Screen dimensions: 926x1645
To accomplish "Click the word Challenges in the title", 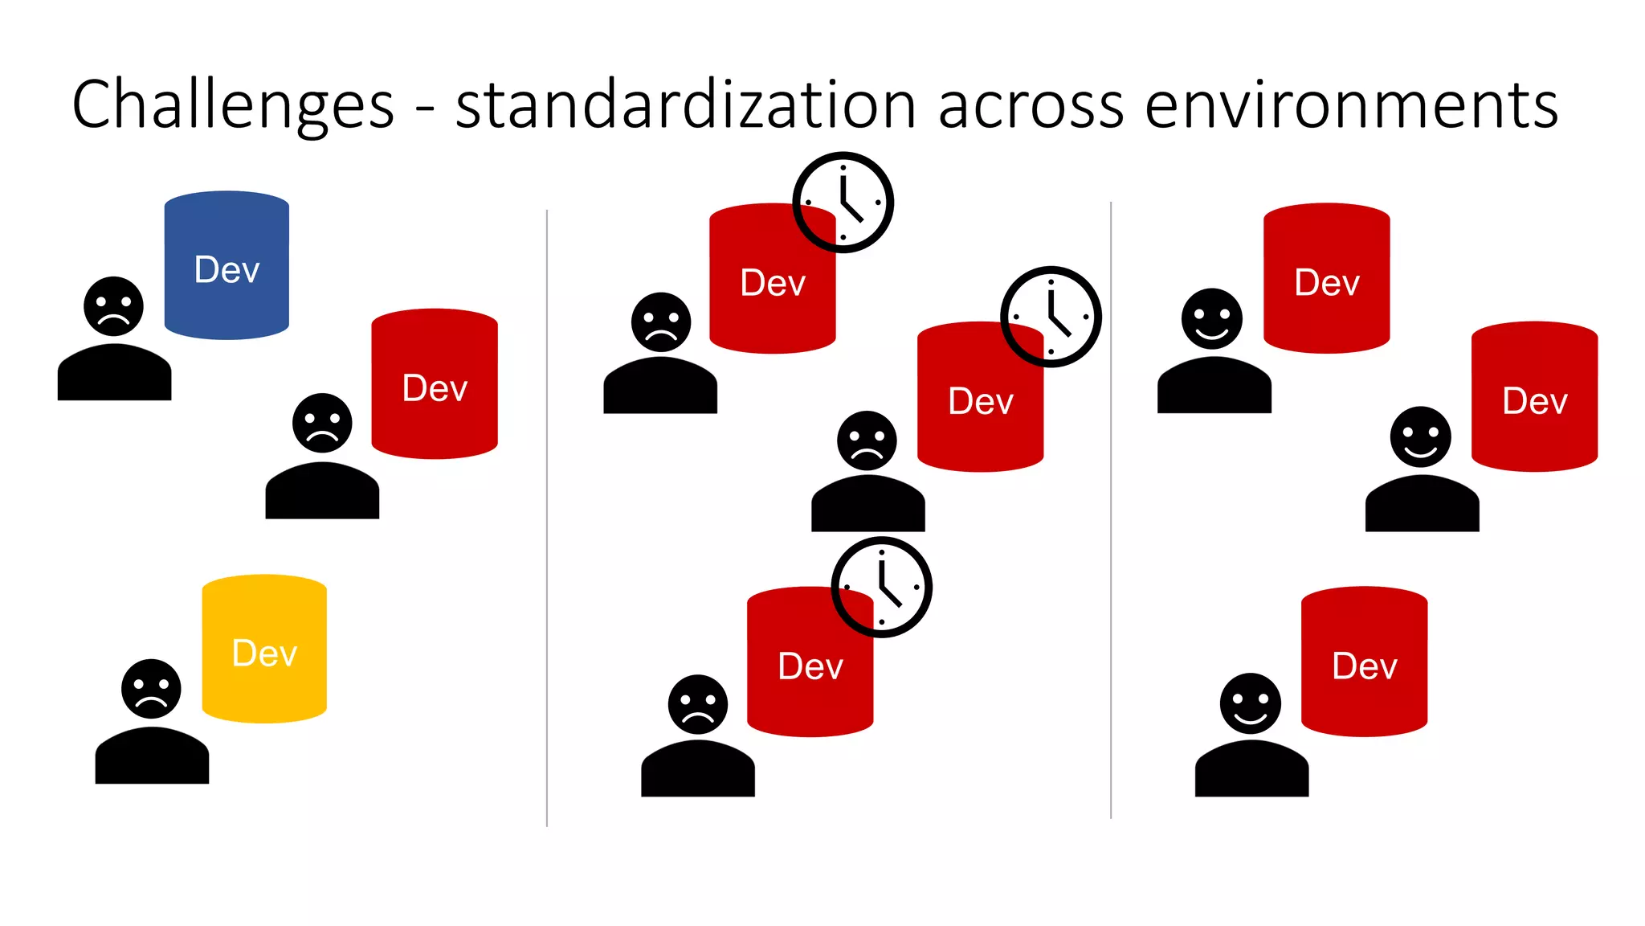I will [233, 104].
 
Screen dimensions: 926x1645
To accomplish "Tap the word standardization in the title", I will [685, 104].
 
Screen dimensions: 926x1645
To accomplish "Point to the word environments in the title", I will [1351, 104].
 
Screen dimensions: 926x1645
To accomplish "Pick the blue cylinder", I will [227, 265].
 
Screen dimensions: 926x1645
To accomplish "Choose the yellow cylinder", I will [264, 649].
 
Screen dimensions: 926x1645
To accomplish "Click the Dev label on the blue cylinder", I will [227, 270].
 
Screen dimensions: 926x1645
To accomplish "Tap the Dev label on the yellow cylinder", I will [264, 654].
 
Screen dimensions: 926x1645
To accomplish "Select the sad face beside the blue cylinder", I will [113, 306].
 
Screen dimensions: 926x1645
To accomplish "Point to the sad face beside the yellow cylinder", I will [151, 689].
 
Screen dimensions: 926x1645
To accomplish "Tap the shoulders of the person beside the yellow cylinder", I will [152, 756].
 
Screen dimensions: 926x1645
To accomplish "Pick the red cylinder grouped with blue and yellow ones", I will [435, 383].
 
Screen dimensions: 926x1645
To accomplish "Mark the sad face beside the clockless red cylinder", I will [322, 423].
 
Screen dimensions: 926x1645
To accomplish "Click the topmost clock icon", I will [843, 202].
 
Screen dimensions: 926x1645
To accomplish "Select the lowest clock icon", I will [881, 587].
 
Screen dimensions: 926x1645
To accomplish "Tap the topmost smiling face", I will [1211, 318].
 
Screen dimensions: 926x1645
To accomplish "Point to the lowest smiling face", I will [1250, 703].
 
